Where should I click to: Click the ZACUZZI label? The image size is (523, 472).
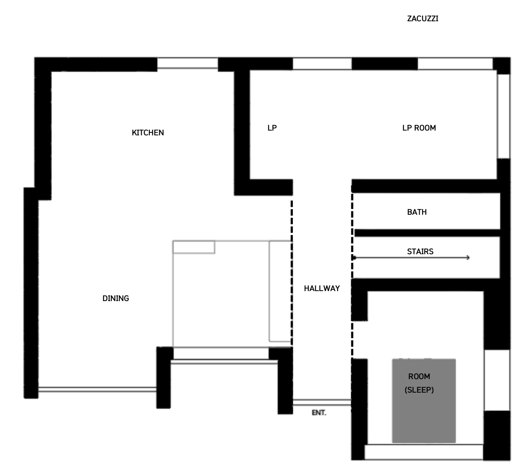click(x=422, y=19)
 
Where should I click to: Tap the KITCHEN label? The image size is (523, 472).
click(x=148, y=133)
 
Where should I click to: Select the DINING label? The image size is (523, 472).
click(x=116, y=298)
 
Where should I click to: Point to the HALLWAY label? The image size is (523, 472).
click(x=322, y=288)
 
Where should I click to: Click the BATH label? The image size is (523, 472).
click(x=417, y=212)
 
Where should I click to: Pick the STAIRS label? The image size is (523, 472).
click(x=420, y=251)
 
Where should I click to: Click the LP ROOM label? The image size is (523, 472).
click(x=419, y=128)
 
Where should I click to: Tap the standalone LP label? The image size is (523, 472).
click(x=272, y=128)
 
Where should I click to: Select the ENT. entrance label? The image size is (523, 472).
click(x=319, y=413)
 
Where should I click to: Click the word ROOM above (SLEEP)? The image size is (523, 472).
click(x=419, y=377)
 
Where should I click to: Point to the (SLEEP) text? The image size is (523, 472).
click(x=419, y=390)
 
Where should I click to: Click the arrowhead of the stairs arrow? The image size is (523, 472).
click(x=468, y=258)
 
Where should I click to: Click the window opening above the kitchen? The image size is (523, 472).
click(x=188, y=63)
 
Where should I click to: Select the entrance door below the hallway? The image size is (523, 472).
click(x=322, y=402)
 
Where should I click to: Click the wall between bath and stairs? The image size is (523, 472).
click(x=427, y=233)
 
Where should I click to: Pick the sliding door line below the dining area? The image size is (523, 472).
click(x=97, y=390)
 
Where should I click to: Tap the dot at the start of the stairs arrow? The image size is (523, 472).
click(x=354, y=258)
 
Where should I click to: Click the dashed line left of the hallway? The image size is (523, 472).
click(x=292, y=273)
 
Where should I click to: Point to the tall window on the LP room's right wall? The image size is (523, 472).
click(x=503, y=116)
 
